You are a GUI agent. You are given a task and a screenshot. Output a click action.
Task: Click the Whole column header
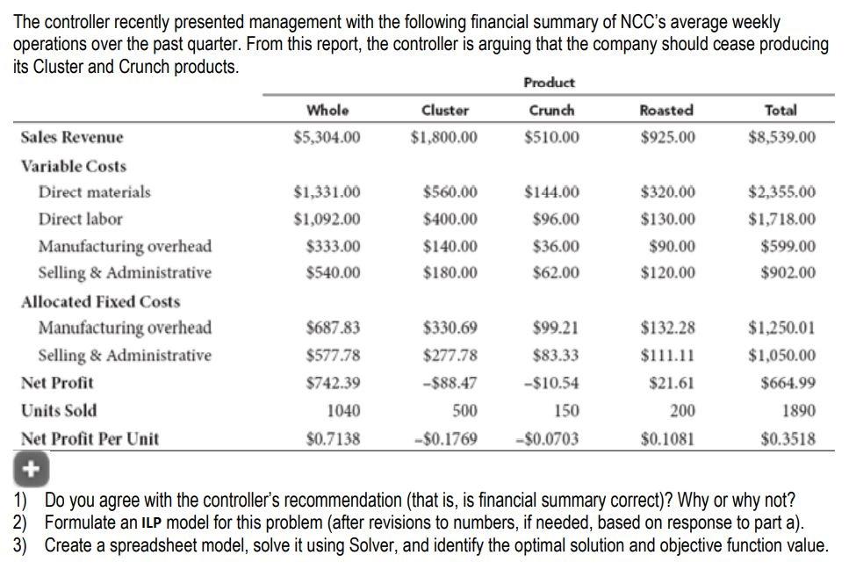click(327, 110)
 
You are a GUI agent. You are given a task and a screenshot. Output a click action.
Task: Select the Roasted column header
click(666, 110)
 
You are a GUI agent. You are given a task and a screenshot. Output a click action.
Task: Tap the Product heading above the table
click(549, 83)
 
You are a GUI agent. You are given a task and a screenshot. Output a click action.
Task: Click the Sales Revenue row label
click(72, 137)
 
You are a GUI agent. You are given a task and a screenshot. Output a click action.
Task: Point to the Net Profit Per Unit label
click(90, 438)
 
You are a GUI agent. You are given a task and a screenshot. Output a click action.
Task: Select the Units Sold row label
click(59, 410)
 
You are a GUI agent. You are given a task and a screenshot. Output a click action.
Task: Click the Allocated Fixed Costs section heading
click(100, 301)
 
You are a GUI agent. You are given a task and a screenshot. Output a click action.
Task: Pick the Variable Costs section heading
click(74, 166)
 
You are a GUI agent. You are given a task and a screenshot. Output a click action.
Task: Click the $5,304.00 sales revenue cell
click(327, 137)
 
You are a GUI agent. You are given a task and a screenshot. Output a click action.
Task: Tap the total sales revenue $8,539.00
click(781, 137)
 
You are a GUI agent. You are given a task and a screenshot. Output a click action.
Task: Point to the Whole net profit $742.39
click(332, 383)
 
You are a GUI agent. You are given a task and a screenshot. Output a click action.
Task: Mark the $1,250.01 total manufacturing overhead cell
click(781, 328)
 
